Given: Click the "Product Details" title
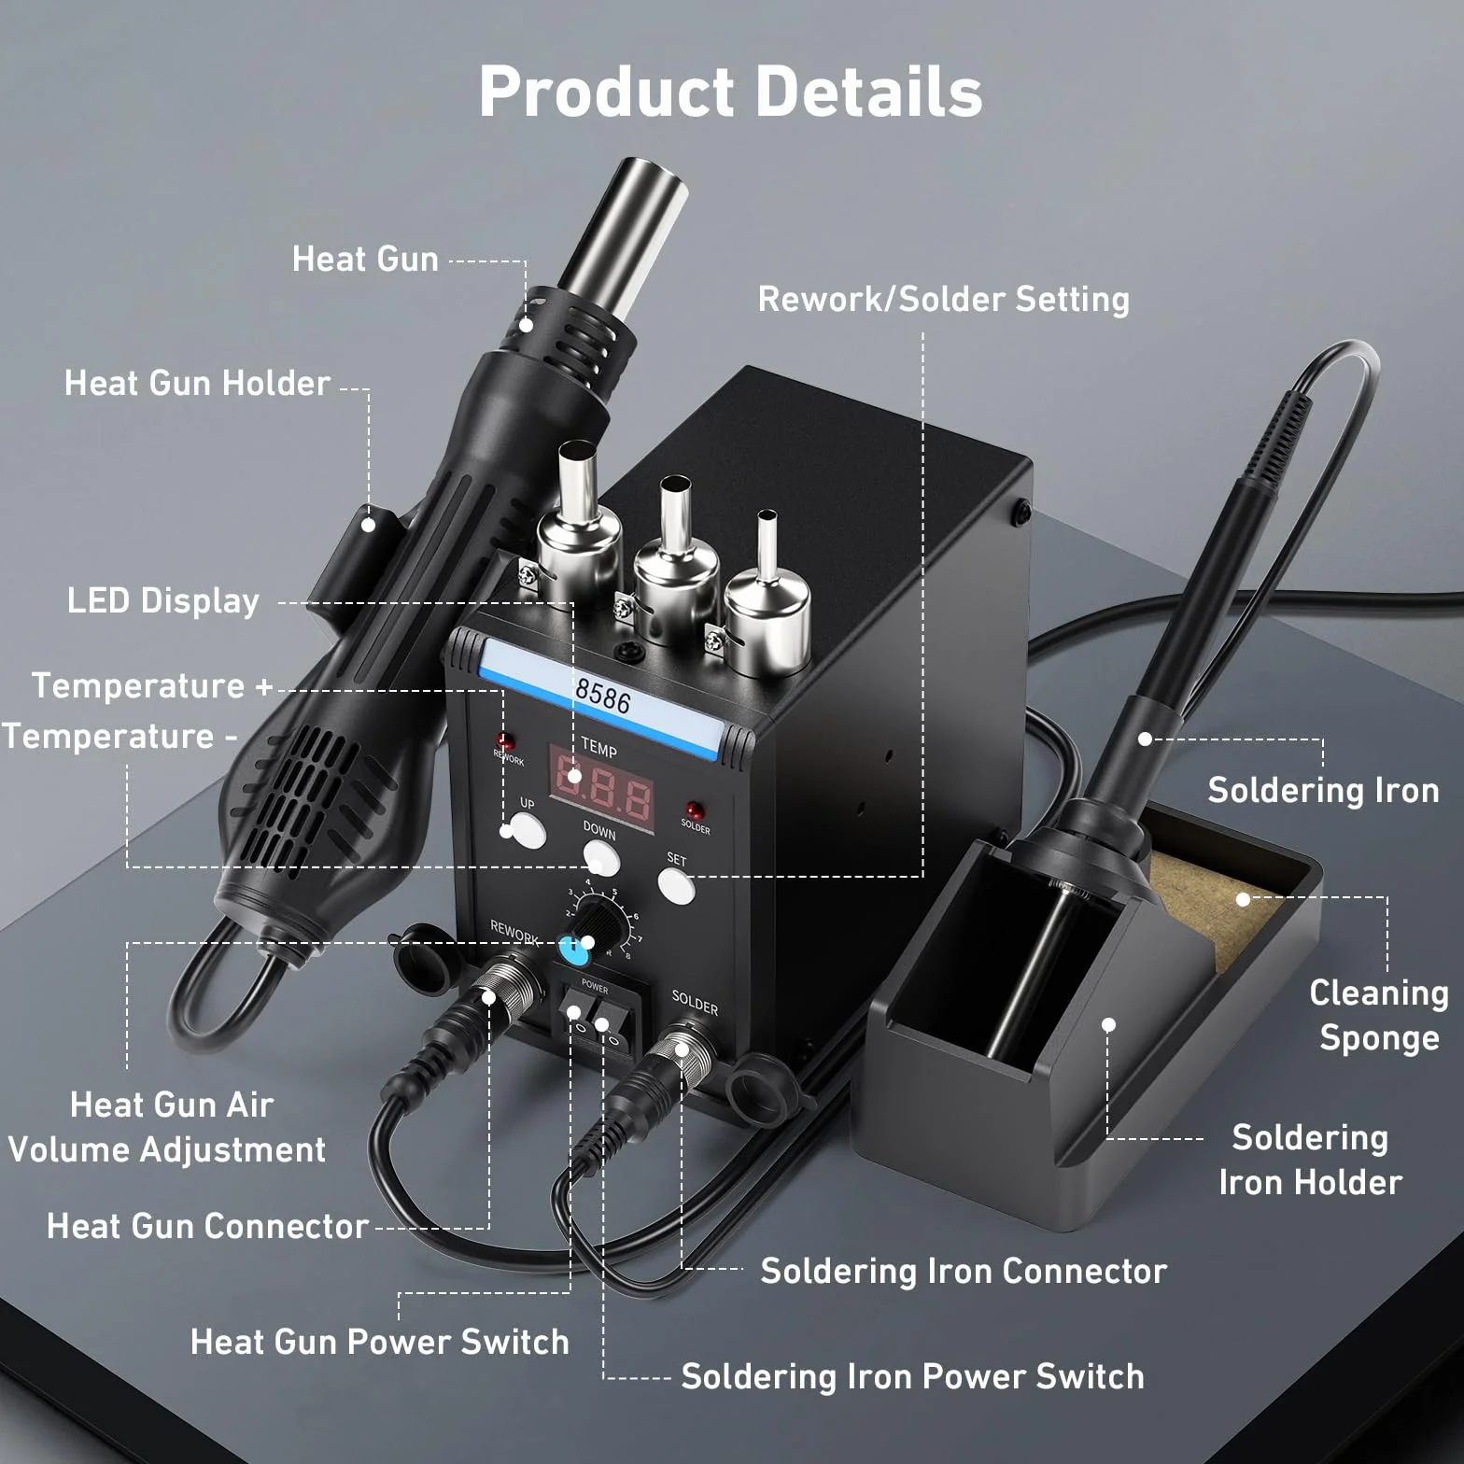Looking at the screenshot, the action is coord(730,91).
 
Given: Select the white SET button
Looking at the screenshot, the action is coord(676,884).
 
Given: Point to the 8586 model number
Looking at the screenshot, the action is coord(603,697).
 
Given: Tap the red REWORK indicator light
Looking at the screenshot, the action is coord(505,742).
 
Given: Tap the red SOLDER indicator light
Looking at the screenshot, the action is coord(694,809).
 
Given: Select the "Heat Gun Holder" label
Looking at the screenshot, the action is coord(197,383).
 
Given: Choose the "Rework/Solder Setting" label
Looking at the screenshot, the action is coord(943,299).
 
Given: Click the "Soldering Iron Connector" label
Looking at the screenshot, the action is coord(964,1271).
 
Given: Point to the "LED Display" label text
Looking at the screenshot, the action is coord(163,600).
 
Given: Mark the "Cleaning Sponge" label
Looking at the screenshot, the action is coord(1379,1015).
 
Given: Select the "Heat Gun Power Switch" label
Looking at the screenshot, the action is coord(379,1342).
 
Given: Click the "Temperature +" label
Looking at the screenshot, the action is coord(152,685).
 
